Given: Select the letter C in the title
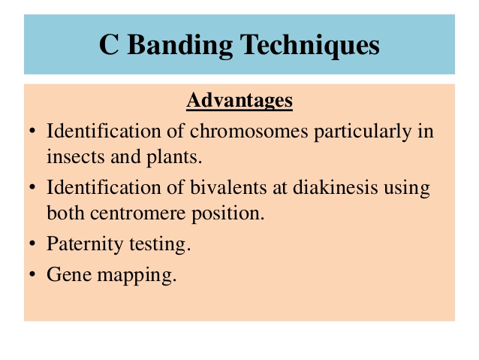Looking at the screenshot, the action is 109,44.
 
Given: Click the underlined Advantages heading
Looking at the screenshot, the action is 239,100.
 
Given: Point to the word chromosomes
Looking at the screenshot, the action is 249,131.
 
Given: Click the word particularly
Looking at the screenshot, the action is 363,132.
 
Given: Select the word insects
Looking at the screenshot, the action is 76,157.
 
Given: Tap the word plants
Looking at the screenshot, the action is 174,158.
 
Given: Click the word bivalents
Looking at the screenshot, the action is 228,187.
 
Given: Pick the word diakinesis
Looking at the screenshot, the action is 335,187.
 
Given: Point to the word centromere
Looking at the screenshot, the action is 138,213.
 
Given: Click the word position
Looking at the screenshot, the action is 228,214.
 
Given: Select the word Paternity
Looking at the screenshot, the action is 85,245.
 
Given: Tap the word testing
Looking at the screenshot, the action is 160,245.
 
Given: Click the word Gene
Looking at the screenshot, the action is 69,274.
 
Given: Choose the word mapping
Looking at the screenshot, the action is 137,275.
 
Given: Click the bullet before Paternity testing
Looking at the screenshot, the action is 32,244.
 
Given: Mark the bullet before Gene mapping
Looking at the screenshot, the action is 32,274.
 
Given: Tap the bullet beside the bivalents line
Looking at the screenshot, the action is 32,187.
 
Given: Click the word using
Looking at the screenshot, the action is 407,189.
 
